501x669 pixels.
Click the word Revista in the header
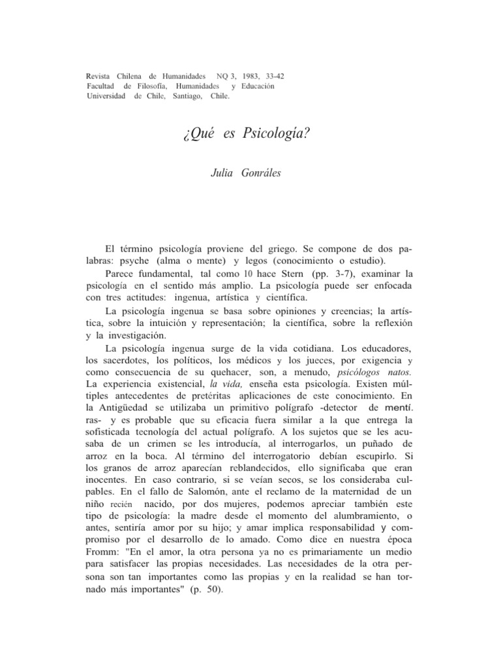(99, 76)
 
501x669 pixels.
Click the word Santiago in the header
(190, 97)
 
